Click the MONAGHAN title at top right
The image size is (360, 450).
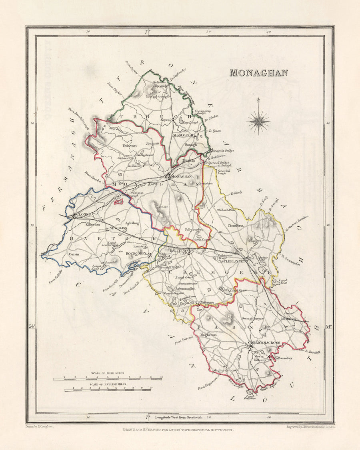point(258,73)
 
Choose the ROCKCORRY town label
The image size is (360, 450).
point(136,252)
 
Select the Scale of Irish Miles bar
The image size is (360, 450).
point(108,378)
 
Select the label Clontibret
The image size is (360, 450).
point(235,225)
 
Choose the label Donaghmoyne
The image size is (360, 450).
point(254,318)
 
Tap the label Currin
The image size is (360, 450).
point(73,254)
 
